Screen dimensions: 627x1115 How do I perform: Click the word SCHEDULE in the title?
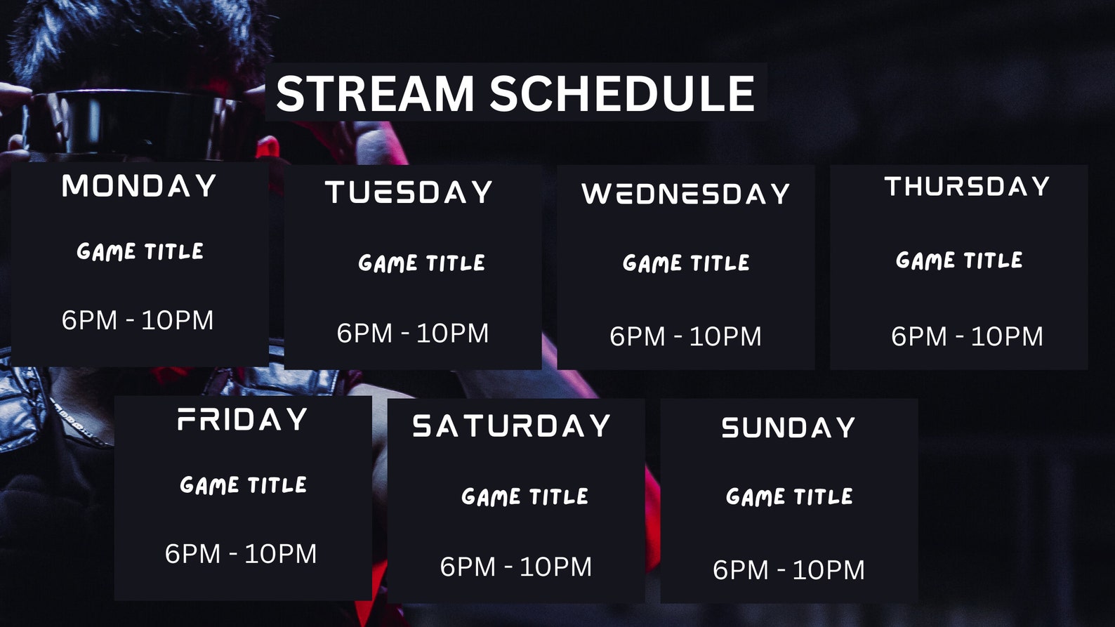click(x=622, y=93)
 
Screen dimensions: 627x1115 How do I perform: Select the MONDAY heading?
click(x=139, y=187)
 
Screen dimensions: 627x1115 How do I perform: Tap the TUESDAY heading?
click(x=409, y=192)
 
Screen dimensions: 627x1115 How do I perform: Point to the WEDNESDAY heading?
click(x=686, y=194)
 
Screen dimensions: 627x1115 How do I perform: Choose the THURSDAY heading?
click(x=967, y=187)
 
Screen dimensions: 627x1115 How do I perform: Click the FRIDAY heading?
click(x=242, y=420)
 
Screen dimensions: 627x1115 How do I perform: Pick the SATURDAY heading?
click(x=512, y=426)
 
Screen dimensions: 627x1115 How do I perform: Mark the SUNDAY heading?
click(x=789, y=428)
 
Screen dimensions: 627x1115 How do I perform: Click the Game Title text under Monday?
click(x=140, y=251)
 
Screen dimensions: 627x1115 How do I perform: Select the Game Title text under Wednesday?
click(x=686, y=263)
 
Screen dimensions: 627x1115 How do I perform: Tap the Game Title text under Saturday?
click(x=524, y=497)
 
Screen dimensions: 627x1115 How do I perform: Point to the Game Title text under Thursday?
click(x=959, y=260)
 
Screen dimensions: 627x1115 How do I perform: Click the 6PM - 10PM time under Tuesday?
click(x=412, y=334)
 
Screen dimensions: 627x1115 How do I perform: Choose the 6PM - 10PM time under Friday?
click(x=241, y=554)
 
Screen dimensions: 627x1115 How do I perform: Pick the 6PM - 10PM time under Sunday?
click(x=789, y=570)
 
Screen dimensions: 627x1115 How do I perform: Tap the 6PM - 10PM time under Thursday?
click(x=967, y=337)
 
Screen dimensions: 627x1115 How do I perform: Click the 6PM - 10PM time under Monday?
click(x=138, y=321)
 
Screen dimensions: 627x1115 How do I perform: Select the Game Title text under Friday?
click(x=243, y=485)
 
